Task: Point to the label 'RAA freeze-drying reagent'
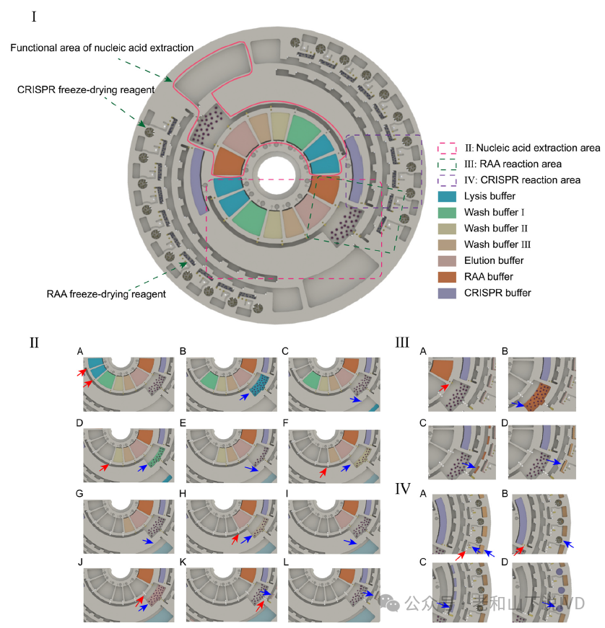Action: coord(106,293)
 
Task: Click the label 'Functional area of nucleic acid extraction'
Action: coord(102,48)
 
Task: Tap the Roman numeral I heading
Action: coord(35,16)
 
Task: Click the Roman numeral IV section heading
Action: coord(403,490)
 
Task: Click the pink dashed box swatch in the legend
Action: coord(448,148)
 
